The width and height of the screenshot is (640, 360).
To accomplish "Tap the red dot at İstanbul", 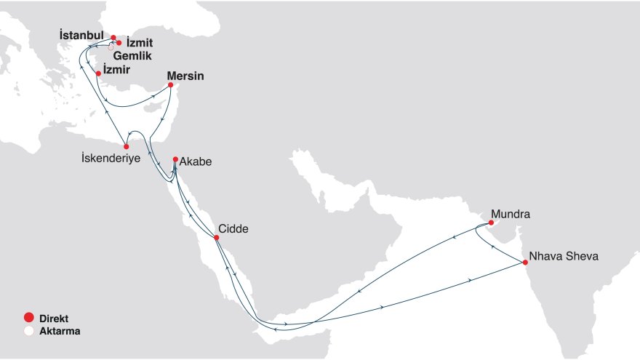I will pos(113,36).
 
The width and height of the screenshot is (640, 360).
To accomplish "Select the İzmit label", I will pos(140,42).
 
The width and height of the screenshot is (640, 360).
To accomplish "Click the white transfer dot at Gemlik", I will pos(111,47).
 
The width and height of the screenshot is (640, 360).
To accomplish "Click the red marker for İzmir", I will pos(98,73).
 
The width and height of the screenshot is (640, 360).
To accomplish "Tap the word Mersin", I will pos(185,76).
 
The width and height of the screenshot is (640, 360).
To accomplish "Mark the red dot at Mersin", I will pos(171,85).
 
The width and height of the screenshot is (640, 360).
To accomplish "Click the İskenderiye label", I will pos(111,158).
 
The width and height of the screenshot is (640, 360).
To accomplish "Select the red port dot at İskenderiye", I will pos(127,146).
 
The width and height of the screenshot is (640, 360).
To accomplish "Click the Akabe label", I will pos(196,162).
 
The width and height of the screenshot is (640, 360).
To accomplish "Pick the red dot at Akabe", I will pos(175,159).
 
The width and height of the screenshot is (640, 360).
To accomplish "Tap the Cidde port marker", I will pos(216,238).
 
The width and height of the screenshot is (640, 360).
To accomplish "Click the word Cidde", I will pos(233,229).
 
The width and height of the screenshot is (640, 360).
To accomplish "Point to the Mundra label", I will pos(511,215).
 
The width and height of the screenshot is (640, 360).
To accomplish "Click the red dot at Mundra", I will pos(492,223).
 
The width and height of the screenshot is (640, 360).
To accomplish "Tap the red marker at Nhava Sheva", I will pos(525,263).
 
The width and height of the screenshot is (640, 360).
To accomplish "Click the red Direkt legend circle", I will pos(28,318).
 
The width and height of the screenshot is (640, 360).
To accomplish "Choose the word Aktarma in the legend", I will pos(60,330).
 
